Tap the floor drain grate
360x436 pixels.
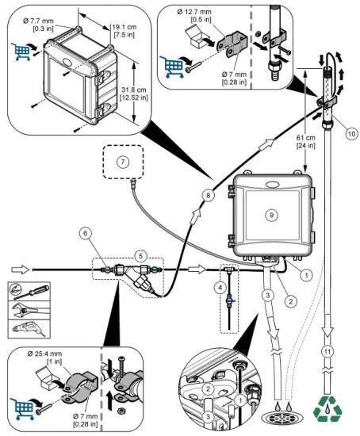point(278,414)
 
